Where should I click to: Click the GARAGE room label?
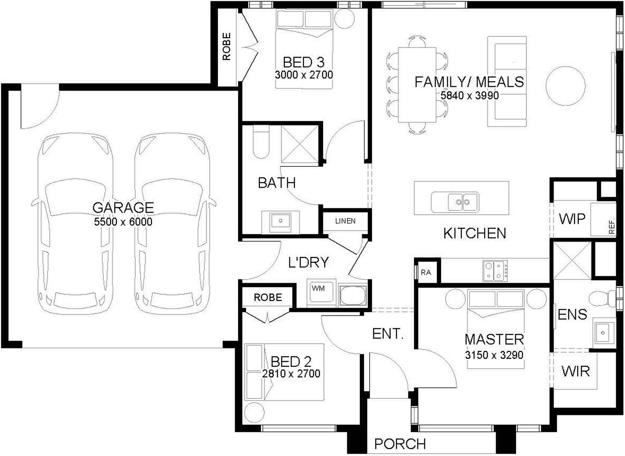coord(123,208)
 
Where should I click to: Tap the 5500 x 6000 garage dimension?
coord(123,222)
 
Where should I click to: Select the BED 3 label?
coord(303,62)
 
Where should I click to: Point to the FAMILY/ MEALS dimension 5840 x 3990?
coord(469,96)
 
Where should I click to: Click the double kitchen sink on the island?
coord(463,202)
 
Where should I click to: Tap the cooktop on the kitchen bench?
coord(495,270)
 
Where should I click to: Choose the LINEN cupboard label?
coord(345,221)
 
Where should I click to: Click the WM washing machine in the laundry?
coord(321,293)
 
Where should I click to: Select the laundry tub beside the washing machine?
coord(353,295)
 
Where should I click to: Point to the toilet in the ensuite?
coord(602,299)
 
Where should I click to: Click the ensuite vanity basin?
coord(603,333)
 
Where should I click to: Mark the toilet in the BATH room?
coord(261,142)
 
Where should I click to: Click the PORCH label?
coord(400,444)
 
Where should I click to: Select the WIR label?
coord(576,371)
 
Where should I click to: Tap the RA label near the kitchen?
coord(426,273)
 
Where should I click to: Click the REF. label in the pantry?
coord(612,226)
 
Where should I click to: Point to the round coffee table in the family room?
coord(566,86)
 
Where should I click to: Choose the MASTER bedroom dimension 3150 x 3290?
coord(494,355)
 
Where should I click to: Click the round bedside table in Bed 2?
coord(254,413)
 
